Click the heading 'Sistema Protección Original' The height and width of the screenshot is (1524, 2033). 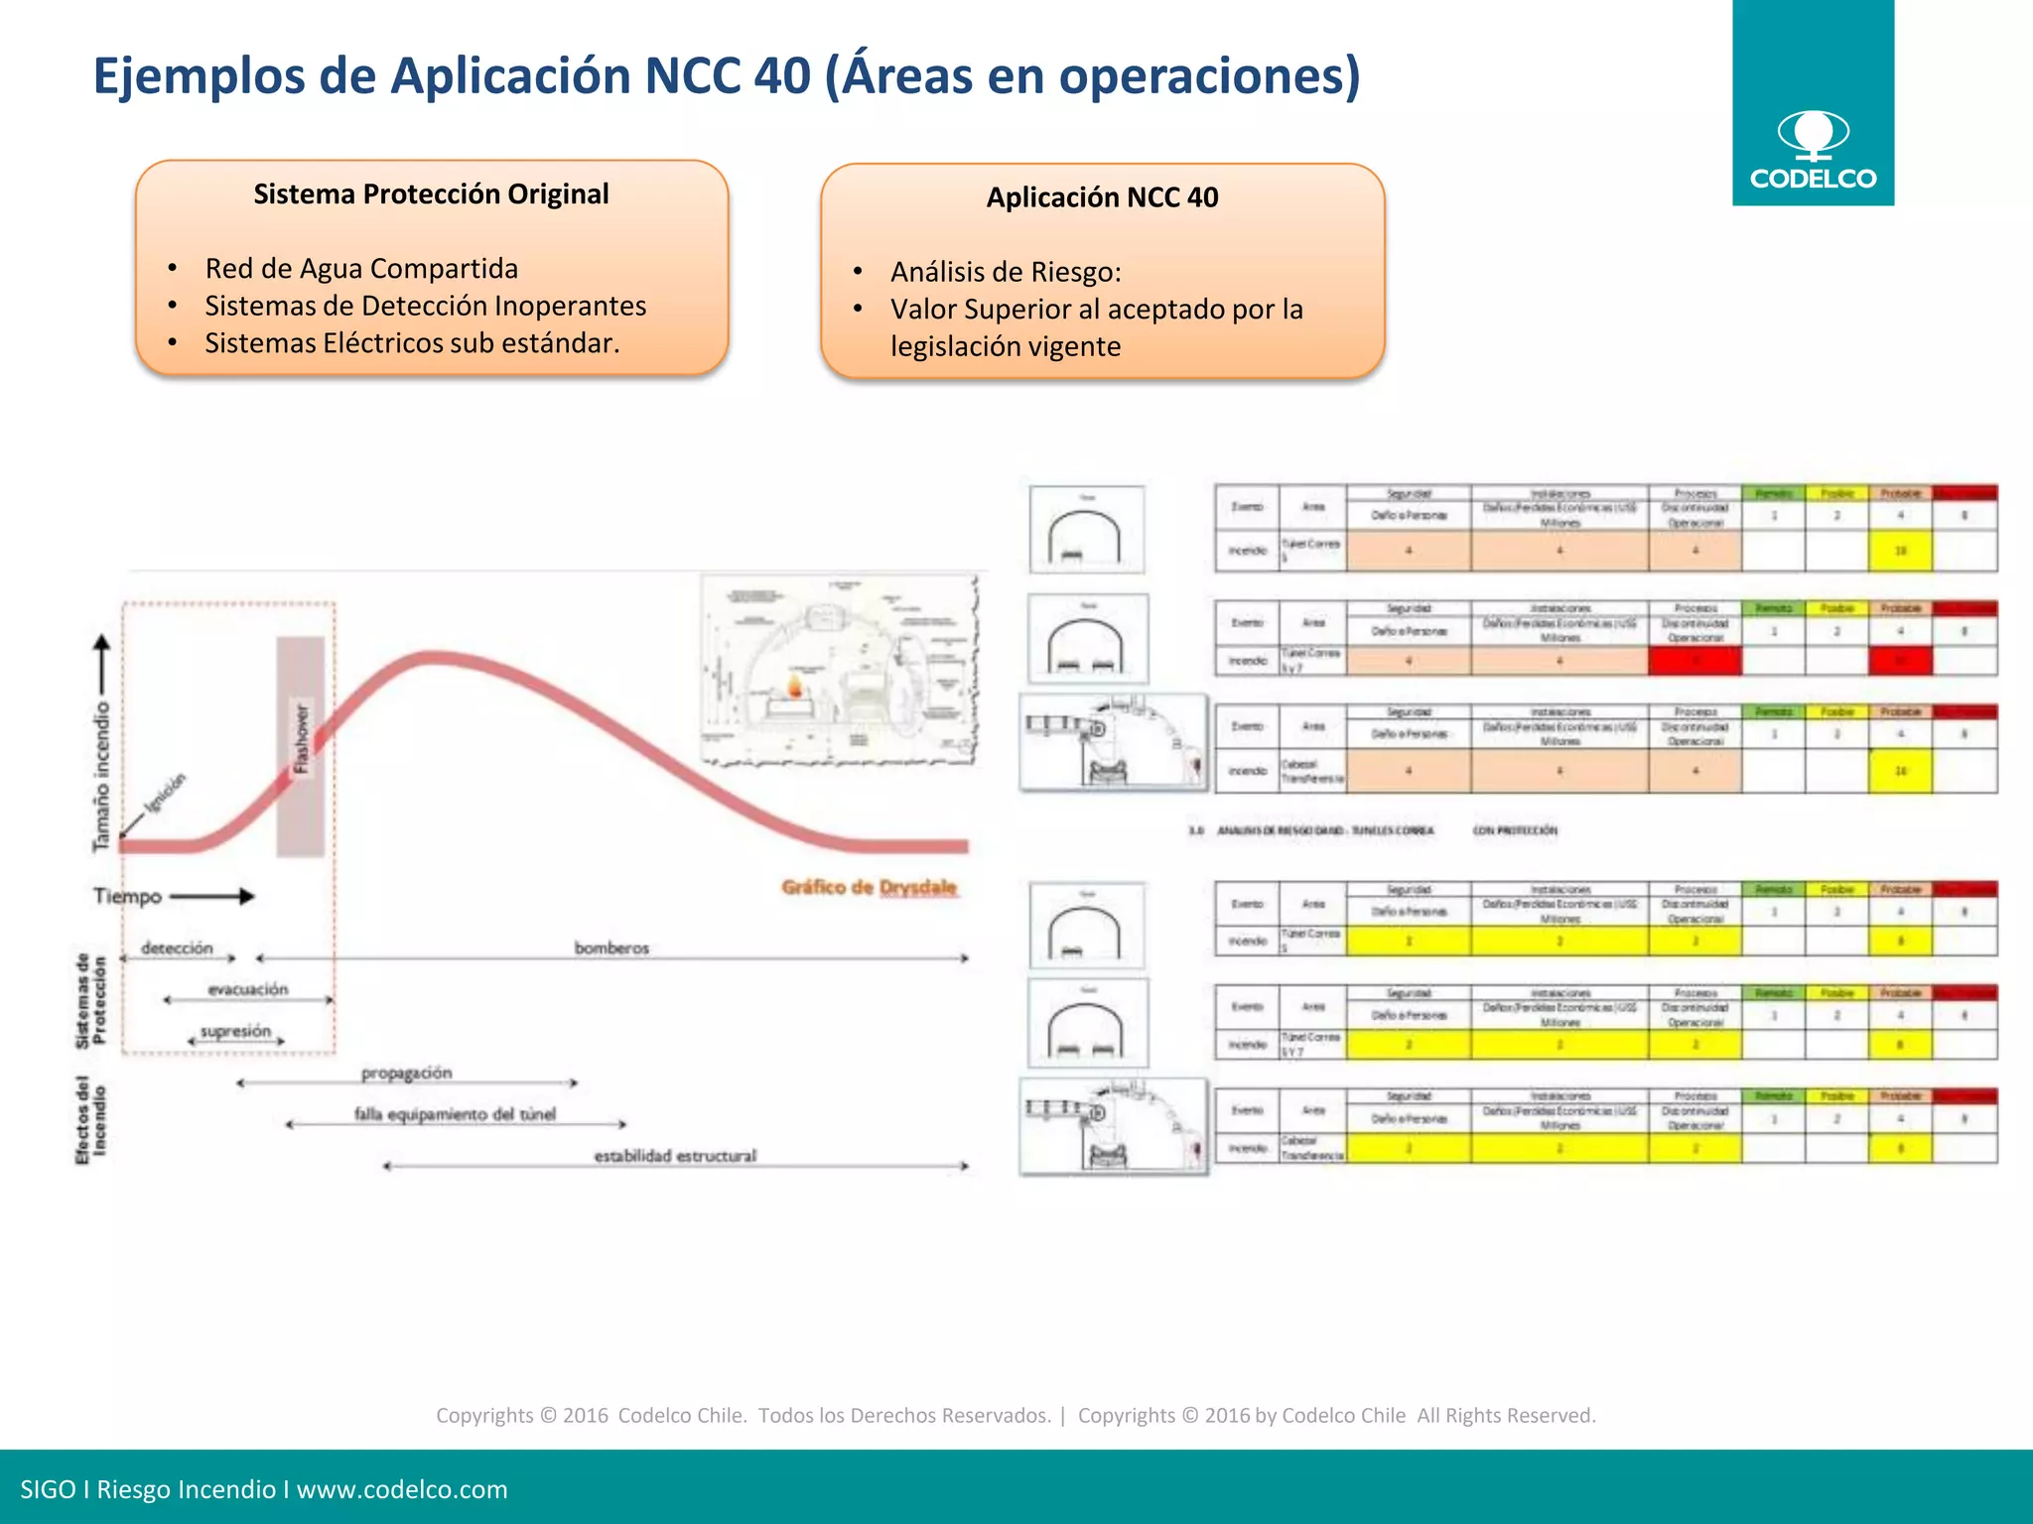coord(431,194)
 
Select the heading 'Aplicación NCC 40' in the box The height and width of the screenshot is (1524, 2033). coord(1102,197)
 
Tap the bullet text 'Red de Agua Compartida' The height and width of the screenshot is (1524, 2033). coord(361,269)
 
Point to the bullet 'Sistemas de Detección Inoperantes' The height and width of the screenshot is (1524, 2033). coord(425,306)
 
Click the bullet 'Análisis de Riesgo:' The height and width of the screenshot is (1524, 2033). coord(1006,272)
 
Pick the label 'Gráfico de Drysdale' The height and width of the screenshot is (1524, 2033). coord(869,887)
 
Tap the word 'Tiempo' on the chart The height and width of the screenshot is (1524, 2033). coord(127,896)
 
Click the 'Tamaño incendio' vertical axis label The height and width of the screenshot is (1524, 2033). coord(101,776)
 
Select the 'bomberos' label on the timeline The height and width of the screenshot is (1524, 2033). coord(611,949)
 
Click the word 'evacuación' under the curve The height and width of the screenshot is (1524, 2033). coord(248,989)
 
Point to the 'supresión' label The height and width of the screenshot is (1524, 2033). coord(236,1031)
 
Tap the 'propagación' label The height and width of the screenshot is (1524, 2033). coord(406,1073)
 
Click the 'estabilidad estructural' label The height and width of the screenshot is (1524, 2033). coord(675,1156)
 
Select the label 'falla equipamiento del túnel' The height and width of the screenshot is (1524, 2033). coord(455,1114)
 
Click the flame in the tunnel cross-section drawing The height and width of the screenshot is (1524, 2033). coord(795,686)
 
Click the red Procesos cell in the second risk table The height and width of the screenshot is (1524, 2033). coord(1694,661)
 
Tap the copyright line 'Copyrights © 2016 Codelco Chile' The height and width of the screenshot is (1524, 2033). coord(591,1416)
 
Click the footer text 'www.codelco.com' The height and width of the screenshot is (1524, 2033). coord(402,1489)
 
